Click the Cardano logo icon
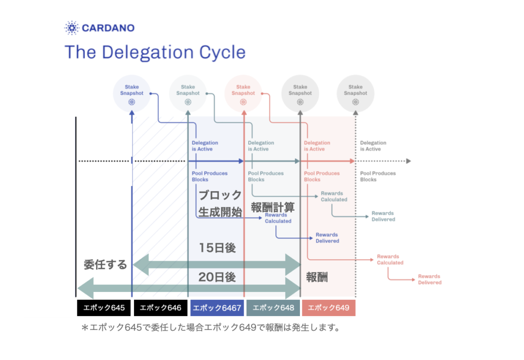click(x=72, y=28)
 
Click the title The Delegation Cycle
click(x=155, y=52)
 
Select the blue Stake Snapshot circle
click(x=132, y=94)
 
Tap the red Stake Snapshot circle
click(x=243, y=94)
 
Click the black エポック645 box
click(x=104, y=307)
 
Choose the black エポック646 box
click(x=160, y=307)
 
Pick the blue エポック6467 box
click(x=217, y=307)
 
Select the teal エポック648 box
click(x=273, y=307)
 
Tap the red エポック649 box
click(x=329, y=307)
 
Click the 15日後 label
click(x=217, y=248)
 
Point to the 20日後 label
click(x=217, y=277)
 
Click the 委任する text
click(x=105, y=264)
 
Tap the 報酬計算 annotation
click(x=273, y=208)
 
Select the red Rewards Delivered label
click(x=430, y=280)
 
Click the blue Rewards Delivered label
click(x=327, y=238)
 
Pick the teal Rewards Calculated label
click(x=334, y=196)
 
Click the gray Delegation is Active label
click(x=373, y=146)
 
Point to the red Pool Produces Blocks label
click(x=322, y=176)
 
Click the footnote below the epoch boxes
click(x=211, y=328)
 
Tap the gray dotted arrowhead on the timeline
click(x=408, y=161)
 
